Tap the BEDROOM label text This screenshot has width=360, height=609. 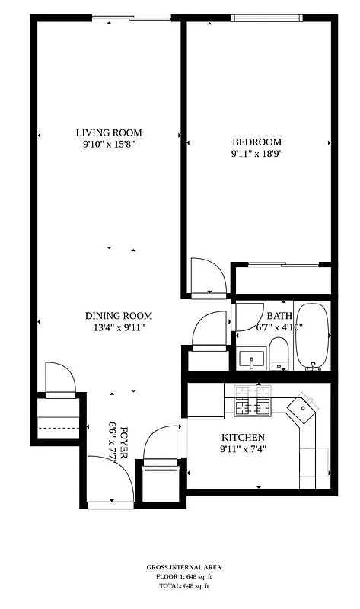pos(256,142)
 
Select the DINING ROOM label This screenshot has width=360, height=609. pos(118,316)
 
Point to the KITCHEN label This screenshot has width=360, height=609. pos(243,438)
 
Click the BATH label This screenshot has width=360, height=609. pos(279,316)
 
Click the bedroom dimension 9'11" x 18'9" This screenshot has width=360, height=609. pos(256,153)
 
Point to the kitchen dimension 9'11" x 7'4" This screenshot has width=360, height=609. pos(243,449)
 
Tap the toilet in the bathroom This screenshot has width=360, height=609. pos(279,354)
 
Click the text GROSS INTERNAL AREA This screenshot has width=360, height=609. pos(180,568)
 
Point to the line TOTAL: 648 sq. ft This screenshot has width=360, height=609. pos(180,586)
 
